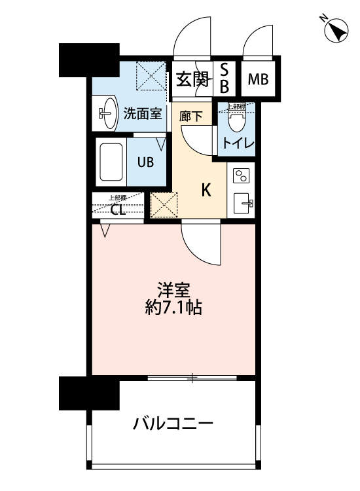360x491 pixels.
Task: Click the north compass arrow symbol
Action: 337,31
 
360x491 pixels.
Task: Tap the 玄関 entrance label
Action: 192,79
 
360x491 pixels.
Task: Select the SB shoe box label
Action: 224,77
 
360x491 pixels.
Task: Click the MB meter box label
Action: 257,80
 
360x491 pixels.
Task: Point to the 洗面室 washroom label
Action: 143,113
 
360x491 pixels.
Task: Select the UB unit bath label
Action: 145,162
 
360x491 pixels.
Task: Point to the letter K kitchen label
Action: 206,191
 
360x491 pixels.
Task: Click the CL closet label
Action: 118,209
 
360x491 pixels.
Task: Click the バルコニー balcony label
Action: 173,424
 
